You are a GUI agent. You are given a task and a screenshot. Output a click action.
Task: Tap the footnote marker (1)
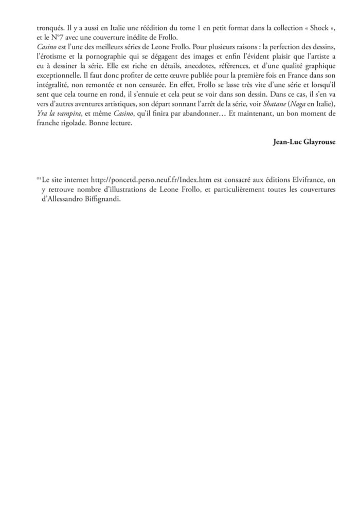pyautogui.click(x=38, y=179)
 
